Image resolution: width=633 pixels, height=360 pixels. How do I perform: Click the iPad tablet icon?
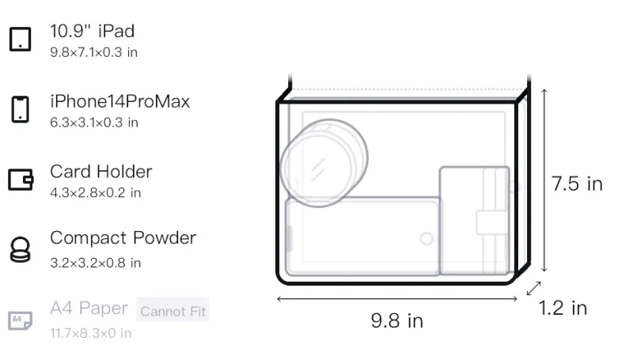pyautogui.click(x=21, y=39)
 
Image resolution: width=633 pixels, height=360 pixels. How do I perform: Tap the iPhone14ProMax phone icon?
pyautogui.click(x=21, y=109)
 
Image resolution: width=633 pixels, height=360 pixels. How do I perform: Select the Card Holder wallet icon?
pyautogui.click(x=21, y=180)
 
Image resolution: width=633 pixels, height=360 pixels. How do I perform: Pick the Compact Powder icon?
pyautogui.click(x=21, y=250)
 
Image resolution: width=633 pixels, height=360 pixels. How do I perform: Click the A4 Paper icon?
pyautogui.click(x=21, y=320)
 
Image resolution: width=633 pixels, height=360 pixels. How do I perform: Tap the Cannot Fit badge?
pyautogui.click(x=172, y=311)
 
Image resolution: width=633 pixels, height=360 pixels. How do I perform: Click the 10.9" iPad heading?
pyautogui.click(x=92, y=31)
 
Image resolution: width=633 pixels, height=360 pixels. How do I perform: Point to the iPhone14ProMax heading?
pyautogui.click(x=120, y=101)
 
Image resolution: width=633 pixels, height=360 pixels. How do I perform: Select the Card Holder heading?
pyautogui.click(x=101, y=172)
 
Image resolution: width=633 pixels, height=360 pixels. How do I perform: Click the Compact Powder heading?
pyautogui.click(x=123, y=237)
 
